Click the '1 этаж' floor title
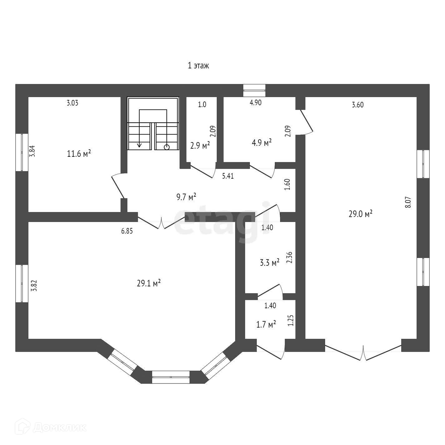click(198, 66)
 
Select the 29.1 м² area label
click(149, 283)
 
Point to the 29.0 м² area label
click(360, 214)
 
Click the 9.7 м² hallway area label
click(186, 197)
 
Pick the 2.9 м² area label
click(200, 145)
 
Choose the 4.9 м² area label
click(262, 143)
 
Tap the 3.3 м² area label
click(269, 263)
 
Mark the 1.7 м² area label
click(266, 324)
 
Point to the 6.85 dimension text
click(127, 231)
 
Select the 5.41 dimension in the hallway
click(228, 176)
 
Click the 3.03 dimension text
click(72, 103)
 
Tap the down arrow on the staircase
click(139, 145)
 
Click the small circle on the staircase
click(167, 147)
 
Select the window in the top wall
click(254, 90)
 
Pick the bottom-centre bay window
click(171, 377)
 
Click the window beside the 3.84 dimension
click(22, 152)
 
